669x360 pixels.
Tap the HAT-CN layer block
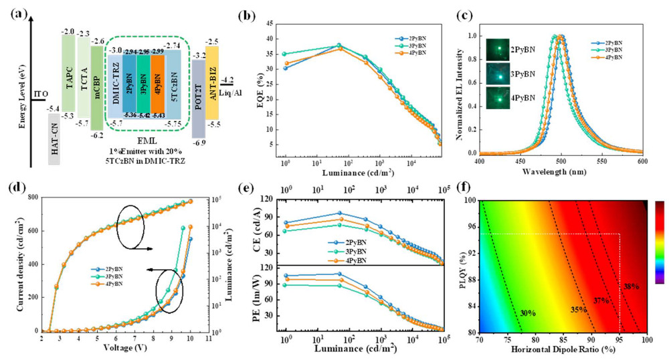pos(55,139)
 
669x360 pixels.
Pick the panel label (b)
pos(257,13)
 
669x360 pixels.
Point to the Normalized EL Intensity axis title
pos(459,87)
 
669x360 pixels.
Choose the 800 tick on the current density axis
pos(31,199)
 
